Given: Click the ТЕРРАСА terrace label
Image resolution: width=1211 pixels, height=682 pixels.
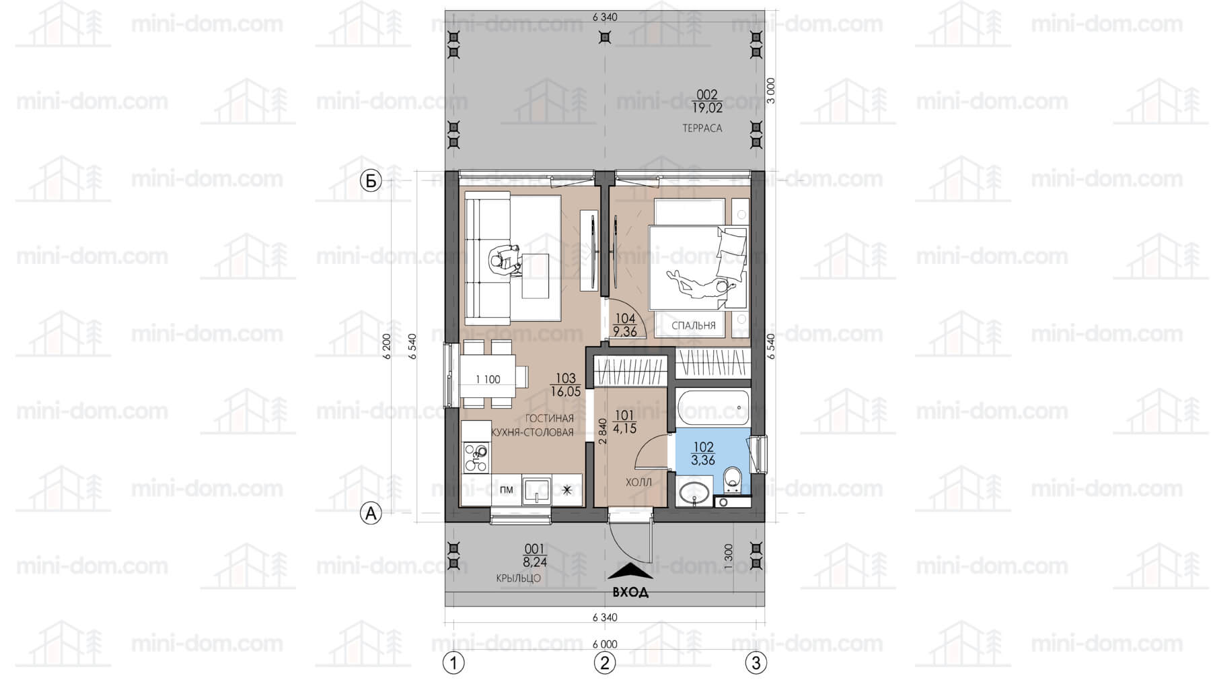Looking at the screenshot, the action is [702, 128].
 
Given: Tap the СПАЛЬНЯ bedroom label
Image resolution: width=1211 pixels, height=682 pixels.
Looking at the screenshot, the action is [694, 326].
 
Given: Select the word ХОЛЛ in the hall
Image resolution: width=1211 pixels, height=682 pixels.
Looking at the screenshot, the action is [638, 483].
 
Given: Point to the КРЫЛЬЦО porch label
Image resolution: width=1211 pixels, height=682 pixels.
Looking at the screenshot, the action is [518, 578].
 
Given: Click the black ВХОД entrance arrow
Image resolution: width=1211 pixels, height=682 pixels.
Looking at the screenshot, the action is [630, 571].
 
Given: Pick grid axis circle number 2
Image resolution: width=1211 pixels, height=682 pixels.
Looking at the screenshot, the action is [605, 663].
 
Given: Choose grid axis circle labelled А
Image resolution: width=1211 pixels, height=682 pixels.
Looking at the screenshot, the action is [371, 514].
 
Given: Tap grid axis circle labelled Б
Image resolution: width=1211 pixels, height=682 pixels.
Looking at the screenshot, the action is [371, 181].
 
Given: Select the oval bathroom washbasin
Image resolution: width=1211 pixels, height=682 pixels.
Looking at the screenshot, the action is [692, 492].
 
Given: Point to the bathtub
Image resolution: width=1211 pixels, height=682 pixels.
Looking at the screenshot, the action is [712, 407].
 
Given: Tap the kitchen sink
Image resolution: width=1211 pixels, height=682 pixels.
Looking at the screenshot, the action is [537, 490].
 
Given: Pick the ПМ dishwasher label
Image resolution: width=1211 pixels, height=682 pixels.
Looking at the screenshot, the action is [507, 489].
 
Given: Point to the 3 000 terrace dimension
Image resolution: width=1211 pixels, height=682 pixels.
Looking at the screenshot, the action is [772, 90].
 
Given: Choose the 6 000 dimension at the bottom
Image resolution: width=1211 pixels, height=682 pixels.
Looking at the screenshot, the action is [605, 644].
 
